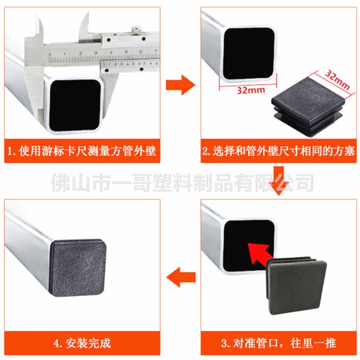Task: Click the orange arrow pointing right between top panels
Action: pos(180,85)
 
